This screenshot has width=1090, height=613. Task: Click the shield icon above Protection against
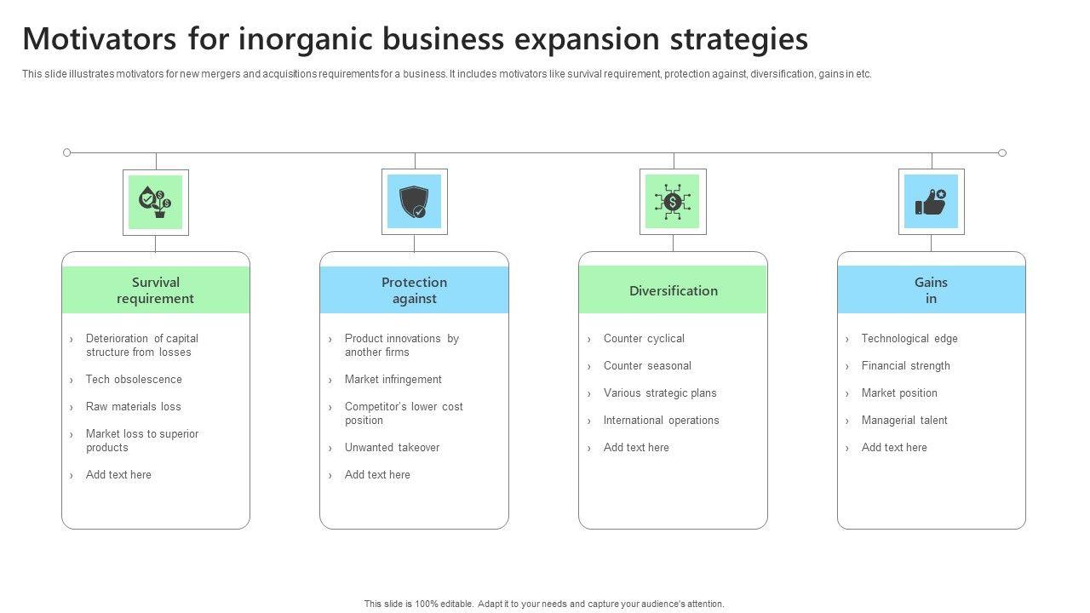(414, 202)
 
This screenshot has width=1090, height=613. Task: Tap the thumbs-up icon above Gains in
(931, 202)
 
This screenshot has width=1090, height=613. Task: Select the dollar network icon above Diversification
(673, 202)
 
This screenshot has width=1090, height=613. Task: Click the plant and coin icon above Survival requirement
(156, 202)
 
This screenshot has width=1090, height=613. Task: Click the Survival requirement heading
(156, 290)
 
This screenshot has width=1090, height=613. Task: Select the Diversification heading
(673, 290)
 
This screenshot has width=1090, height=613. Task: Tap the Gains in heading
(931, 290)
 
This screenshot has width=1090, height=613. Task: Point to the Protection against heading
(414, 290)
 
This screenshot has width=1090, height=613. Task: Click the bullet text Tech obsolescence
(134, 380)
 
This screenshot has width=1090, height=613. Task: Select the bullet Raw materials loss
(133, 407)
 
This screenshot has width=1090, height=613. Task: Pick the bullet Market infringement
(393, 380)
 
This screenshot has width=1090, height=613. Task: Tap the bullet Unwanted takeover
(392, 448)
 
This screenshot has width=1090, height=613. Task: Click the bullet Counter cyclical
(644, 339)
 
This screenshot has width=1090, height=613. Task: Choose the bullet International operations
(661, 421)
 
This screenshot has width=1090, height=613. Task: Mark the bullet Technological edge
(909, 339)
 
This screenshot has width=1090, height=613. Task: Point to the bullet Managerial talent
(904, 421)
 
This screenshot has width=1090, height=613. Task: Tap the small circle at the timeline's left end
(67, 152)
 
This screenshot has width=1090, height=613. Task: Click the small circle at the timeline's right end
(1002, 152)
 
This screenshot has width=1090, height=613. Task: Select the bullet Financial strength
(905, 366)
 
